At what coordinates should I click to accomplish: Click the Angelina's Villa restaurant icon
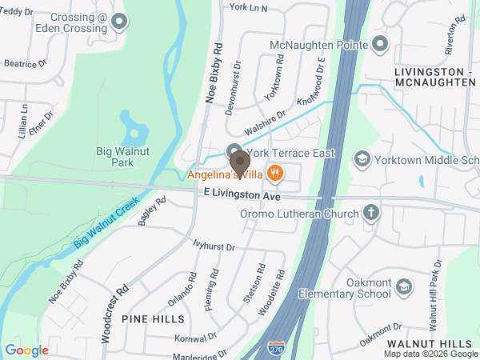click(275, 172)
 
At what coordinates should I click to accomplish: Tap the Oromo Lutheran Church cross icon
click(370, 213)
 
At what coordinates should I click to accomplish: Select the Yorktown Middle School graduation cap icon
click(362, 159)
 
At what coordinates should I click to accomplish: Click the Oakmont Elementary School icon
click(404, 286)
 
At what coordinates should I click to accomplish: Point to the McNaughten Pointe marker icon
click(380, 43)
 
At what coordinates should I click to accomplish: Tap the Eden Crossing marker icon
click(119, 22)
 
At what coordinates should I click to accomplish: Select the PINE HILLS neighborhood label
click(148, 318)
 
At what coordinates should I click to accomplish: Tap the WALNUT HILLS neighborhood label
click(440, 342)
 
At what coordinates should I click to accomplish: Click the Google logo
click(26, 350)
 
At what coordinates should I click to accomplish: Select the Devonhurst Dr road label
click(232, 88)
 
